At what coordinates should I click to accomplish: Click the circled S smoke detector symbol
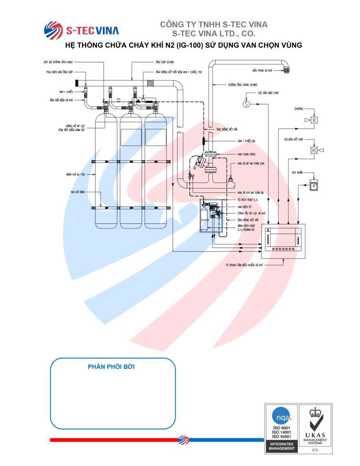click(x=246, y=104)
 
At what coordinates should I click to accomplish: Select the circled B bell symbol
click(x=314, y=120)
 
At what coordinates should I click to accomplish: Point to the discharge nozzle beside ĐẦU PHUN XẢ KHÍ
click(x=287, y=70)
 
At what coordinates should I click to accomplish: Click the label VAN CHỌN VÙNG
click(x=246, y=154)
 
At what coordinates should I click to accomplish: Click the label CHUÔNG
click(x=299, y=109)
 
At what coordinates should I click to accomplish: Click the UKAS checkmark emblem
click(x=315, y=425)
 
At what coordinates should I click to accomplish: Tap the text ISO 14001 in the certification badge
click(x=281, y=432)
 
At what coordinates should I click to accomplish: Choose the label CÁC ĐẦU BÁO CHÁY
click(x=268, y=93)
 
